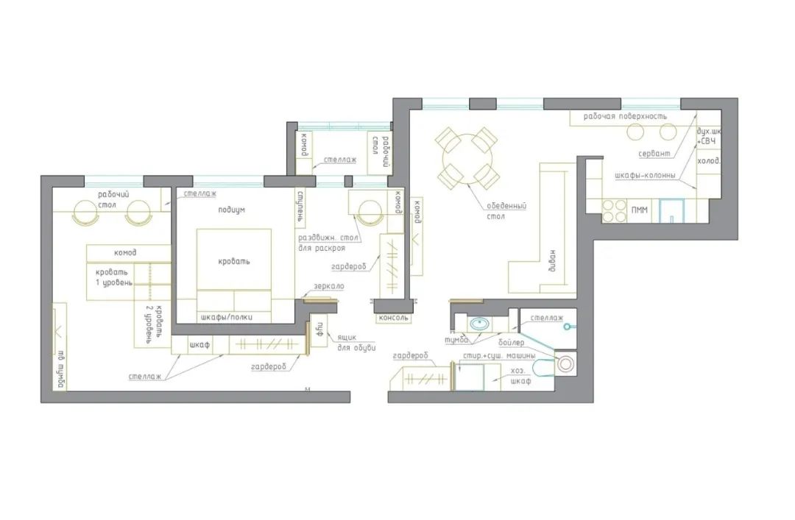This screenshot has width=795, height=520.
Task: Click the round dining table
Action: tap(467, 156)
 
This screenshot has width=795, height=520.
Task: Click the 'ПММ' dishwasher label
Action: tap(640, 211)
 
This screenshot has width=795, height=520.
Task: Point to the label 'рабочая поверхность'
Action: tap(625, 116)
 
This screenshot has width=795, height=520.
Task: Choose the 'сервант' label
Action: tap(654, 154)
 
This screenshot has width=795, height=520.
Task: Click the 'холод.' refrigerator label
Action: tap(708, 160)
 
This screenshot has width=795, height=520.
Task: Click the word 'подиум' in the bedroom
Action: tap(231, 210)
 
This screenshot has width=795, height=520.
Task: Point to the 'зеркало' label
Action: tap(329, 286)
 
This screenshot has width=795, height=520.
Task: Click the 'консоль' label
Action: tap(392, 318)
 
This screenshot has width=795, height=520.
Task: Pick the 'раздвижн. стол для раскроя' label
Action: tap(327, 243)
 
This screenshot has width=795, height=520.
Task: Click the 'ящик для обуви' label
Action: tap(356, 342)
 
